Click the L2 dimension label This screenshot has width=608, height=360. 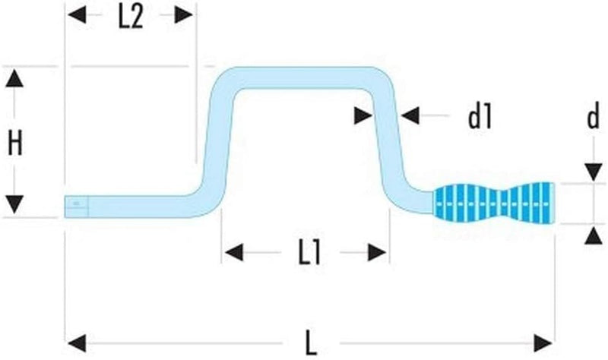pos(131,17)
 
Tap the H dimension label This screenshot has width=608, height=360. pos(14,143)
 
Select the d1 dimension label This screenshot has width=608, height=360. pos(480,117)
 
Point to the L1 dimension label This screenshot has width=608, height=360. pos(310,254)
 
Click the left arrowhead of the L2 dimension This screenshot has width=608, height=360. pos(78,14)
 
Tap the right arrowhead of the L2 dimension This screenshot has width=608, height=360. pos(183,14)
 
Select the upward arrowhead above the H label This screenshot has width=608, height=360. pos(14,78)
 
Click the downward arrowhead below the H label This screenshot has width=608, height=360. pos(14,204)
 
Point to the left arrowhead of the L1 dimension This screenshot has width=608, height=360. pos(234,253)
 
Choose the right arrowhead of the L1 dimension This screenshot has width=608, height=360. pos(377,253)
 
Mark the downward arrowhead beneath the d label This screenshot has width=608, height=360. pos(594,172)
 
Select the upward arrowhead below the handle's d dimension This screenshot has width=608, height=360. pos(594,236)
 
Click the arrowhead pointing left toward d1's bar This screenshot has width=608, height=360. pos(410,115)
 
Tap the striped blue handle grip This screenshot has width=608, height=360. pos(493,203)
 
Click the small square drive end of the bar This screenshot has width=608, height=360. pos(77,206)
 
